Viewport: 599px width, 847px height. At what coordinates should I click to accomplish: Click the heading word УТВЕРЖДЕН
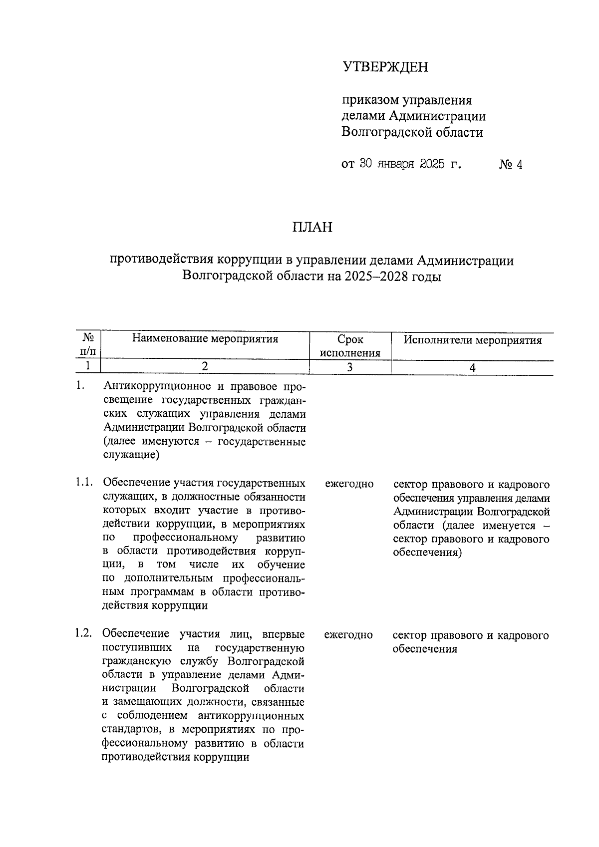(385, 67)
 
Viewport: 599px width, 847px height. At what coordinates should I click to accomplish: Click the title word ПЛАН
(312, 228)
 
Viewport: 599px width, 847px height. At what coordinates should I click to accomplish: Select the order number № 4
(510, 165)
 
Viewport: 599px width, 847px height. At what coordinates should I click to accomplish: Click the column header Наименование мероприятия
(205, 339)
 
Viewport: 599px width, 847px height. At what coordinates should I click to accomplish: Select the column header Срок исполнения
(350, 346)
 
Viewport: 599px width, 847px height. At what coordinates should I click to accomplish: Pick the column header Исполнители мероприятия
(472, 340)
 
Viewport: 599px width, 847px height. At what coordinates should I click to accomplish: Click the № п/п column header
(88, 344)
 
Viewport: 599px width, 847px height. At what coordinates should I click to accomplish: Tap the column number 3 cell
(350, 367)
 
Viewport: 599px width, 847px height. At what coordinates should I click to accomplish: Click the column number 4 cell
(472, 367)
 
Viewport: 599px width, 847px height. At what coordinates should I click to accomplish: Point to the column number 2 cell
(205, 367)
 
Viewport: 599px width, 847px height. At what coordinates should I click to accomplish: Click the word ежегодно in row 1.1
(349, 484)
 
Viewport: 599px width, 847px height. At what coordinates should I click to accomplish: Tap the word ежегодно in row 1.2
(348, 635)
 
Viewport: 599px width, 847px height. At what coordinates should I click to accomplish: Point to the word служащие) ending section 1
(131, 455)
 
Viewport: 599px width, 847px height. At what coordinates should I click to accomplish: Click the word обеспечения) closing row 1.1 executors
(427, 553)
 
